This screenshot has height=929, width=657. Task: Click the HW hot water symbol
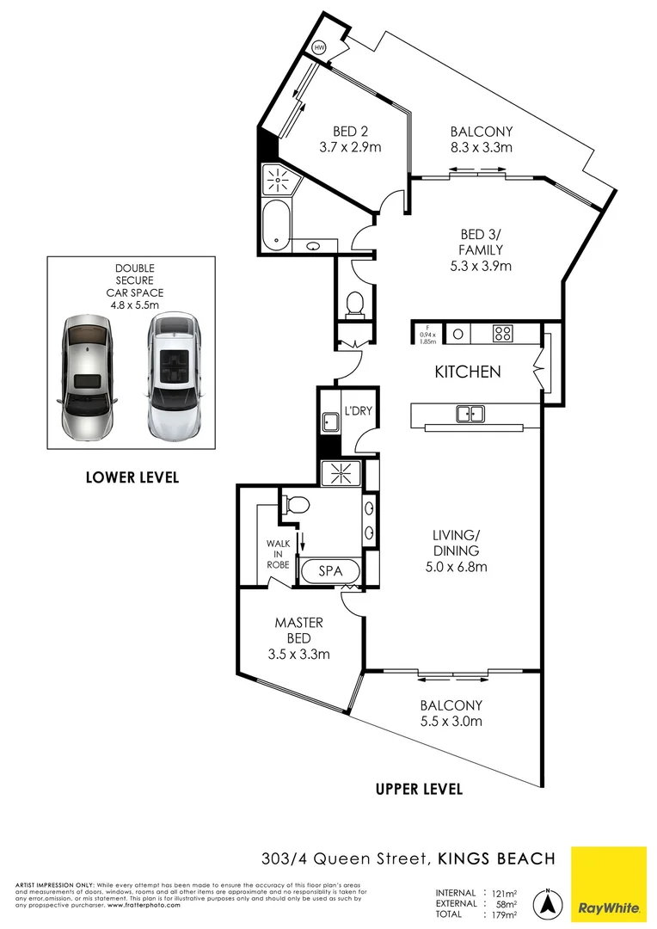pos(321,47)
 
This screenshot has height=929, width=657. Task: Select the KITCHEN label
pos(467,372)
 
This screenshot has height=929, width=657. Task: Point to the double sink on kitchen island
pos(470,415)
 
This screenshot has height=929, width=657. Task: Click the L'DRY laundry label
pos(358,411)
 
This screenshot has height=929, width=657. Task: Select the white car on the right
pos(175,375)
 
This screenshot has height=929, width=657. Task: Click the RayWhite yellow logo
pos(608,883)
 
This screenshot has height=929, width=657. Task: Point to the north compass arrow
pos(545,903)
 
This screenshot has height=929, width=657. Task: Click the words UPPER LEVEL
pos(420,789)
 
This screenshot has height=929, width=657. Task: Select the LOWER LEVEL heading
pos(132,477)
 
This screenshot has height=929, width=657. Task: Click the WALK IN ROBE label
pos(279,555)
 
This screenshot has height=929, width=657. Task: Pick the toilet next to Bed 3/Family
pos(353,304)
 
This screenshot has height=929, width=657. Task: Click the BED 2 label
pos(350,132)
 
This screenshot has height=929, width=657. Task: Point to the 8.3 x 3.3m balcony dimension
pos(481,148)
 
